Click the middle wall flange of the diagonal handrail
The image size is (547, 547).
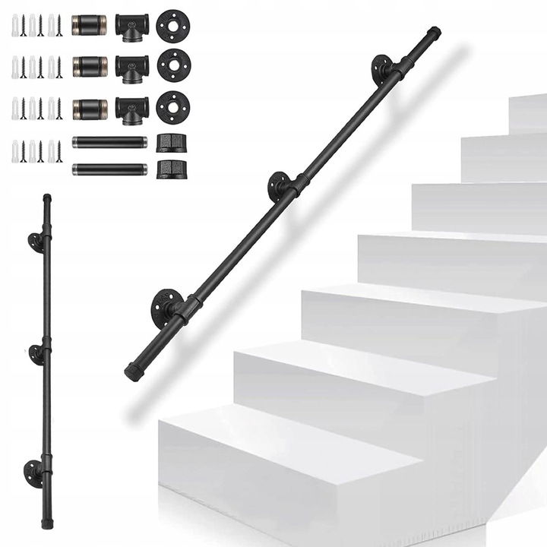pyautogui.click(x=278, y=185)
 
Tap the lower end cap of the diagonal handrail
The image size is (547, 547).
pyautogui.click(x=133, y=372)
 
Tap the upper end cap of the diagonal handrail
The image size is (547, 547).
pyautogui.click(x=433, y=33)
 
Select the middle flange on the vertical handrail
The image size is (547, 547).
pyautogui.click(x=36, y=353)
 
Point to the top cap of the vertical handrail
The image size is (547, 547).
pyautogui.click(x=47, y=198)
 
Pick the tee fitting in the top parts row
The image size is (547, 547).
pyautogui.click(x=131, y=27)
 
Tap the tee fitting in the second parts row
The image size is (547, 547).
pyautogui.click(x=131, y=67)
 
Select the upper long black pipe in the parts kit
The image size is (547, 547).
pyautogui.click(x=109, y=142)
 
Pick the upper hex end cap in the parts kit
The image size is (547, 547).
pyautogui.click(x=166, y=142)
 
